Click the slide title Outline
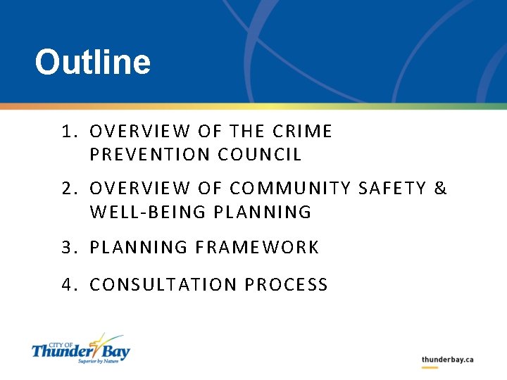92,62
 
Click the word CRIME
301,132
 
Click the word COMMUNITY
291,189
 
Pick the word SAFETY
393,189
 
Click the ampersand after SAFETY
441,189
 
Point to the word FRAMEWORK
257,248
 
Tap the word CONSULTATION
163,285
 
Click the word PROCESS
287,285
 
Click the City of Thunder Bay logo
81,348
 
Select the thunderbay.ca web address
447,360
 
